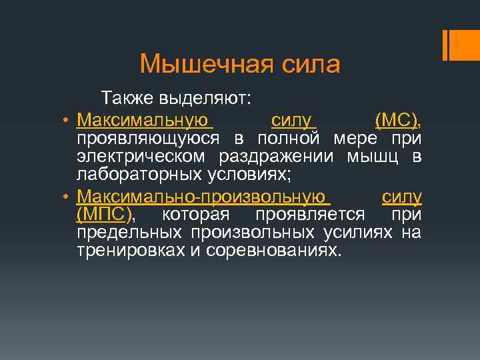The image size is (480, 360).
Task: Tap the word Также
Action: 127,99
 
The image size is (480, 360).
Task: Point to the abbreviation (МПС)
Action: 105,215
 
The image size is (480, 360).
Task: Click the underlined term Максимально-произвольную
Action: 204,198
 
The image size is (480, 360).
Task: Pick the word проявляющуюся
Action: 151,139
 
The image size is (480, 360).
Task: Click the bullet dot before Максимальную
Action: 68,121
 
